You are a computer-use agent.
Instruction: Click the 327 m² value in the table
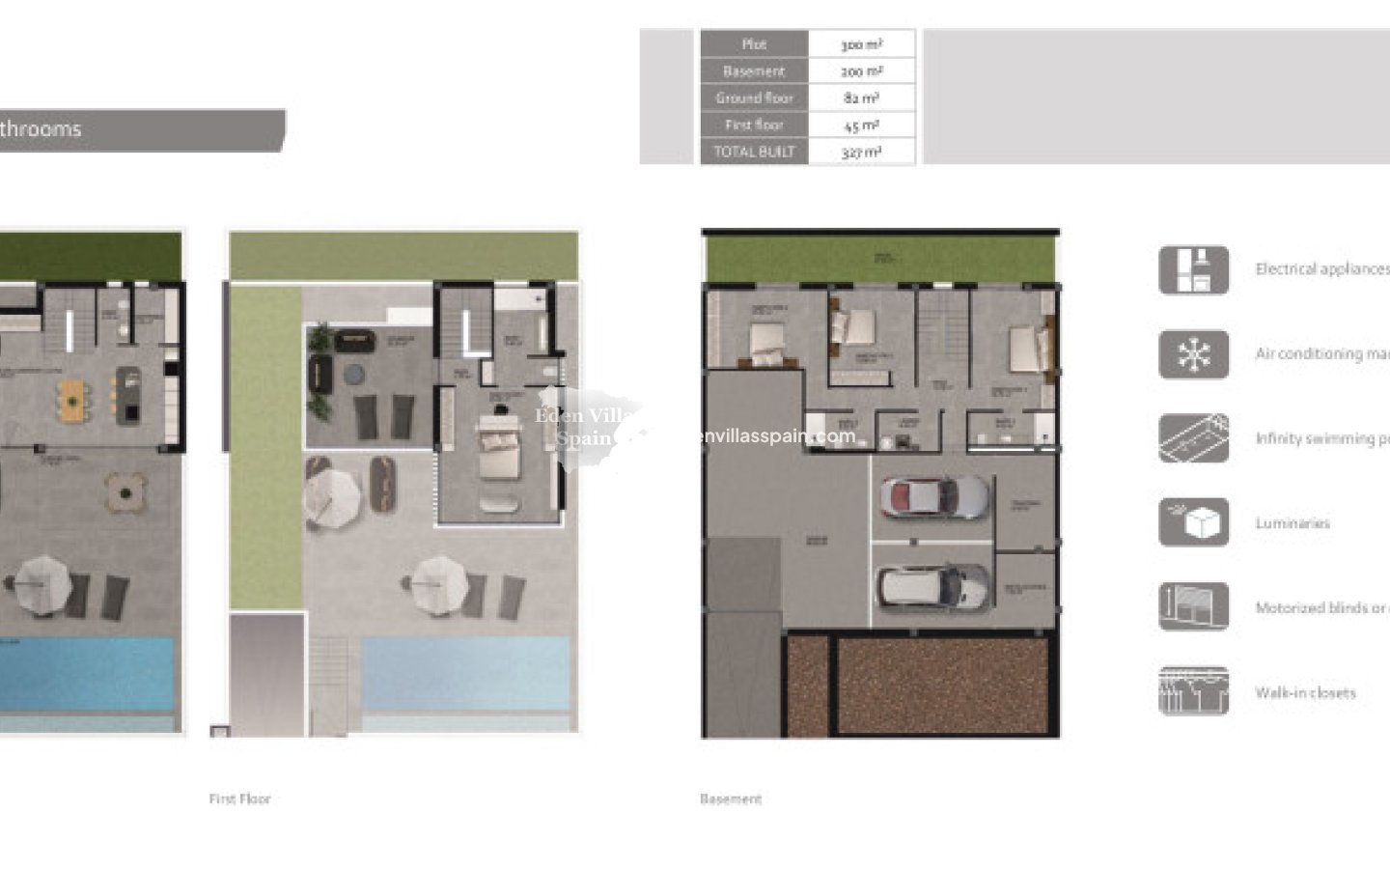[x=861, y=152]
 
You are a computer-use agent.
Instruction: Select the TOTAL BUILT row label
[x=754, y=152]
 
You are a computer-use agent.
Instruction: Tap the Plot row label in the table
[x=754, y=44]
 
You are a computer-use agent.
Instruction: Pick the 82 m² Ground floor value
[x=861, y=98]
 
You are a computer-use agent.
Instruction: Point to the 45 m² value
[x=861, y=125]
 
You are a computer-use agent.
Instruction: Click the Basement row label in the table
[x=754, y=71]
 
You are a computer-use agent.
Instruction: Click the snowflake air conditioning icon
[x=1194, y=354]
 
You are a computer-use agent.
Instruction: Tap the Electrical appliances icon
[x=1194, y=269]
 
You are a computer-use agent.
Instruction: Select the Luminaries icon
[x=1194, y=522]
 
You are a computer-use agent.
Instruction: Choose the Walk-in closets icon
[x=1194, y=691]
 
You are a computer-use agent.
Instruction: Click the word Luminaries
[x=1293, y=523]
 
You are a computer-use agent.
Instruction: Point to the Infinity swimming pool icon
[x=1194, y=438]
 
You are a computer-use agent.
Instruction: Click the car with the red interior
[x=933, y=496]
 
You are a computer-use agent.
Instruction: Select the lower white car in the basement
[x=933, y=583]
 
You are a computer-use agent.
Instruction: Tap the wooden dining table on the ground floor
[x=74, y=400]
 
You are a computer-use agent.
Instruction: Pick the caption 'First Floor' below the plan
[x=239, y=799]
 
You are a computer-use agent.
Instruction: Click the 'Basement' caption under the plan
[x=731, y=799]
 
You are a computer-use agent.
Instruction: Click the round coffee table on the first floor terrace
[x=355, y=374]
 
